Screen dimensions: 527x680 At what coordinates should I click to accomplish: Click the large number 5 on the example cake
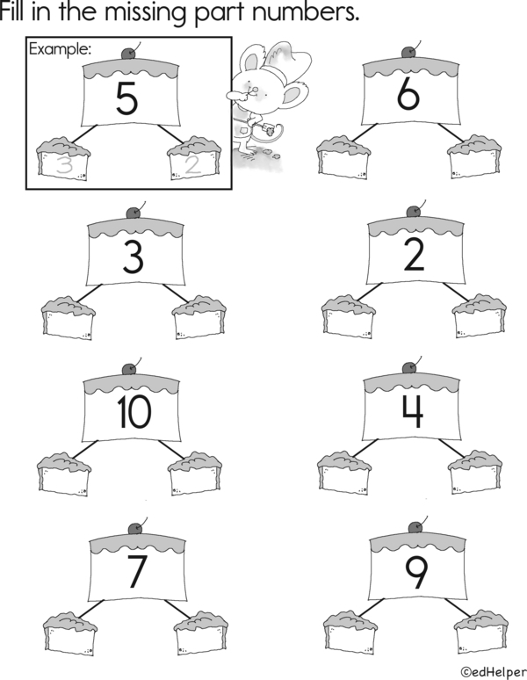point(126,98)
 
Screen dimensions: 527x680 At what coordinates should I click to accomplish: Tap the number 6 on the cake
point(408,95)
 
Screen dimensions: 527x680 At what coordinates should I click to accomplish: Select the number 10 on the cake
point(134,412)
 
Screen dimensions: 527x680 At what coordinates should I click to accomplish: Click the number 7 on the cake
point(136,571)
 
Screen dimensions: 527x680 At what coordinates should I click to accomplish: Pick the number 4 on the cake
point(412,411)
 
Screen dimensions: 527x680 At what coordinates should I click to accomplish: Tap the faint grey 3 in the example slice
point(64,166)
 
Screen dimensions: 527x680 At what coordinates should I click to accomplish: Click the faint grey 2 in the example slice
point(193,165)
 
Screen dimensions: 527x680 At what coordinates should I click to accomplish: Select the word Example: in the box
point(61,49)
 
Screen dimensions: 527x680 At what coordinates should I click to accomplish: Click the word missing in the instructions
point(145,12)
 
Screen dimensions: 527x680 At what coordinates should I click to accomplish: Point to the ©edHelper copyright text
point(494,672)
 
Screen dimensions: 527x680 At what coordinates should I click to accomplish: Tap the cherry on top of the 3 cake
point(134,213)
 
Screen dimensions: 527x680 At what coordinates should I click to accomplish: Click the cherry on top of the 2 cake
point(414,212)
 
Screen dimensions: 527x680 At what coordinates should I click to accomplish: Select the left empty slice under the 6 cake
point(343,157)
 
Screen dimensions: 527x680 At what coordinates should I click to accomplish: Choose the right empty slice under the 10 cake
point(195,474)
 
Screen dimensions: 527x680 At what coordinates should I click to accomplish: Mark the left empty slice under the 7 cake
point(70,633)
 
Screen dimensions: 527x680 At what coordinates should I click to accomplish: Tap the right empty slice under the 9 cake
point(481,632)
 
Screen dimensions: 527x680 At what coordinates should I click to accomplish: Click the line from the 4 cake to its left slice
point(365,448)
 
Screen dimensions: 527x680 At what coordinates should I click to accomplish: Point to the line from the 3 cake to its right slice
point(175,293)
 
